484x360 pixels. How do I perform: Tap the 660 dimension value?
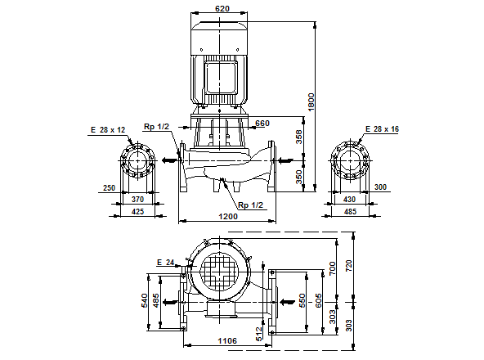(262, 124)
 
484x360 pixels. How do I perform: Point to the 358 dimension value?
(299, 136)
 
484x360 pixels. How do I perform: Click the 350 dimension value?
(299, 177)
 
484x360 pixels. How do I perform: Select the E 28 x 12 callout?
(109, 129)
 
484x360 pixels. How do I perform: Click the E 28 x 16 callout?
(382, 129)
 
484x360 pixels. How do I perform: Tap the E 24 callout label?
(165, 262)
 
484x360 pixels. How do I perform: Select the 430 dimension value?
(349, 200)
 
